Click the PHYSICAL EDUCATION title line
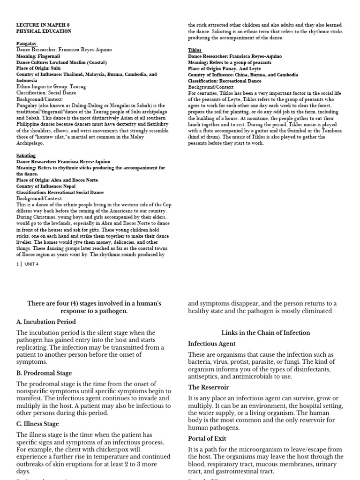click(x=44, y=31)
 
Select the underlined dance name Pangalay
click(x=27, y=43)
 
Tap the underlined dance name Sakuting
click(x=26, y=156)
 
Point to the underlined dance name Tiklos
click(x=195, y=50)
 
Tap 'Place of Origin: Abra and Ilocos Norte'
click(x=57, y=180)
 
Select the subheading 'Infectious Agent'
click(x=212, y=344)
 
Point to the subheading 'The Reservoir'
click(x=209, y=387)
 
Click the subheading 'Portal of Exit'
click(x=207, y=438)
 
